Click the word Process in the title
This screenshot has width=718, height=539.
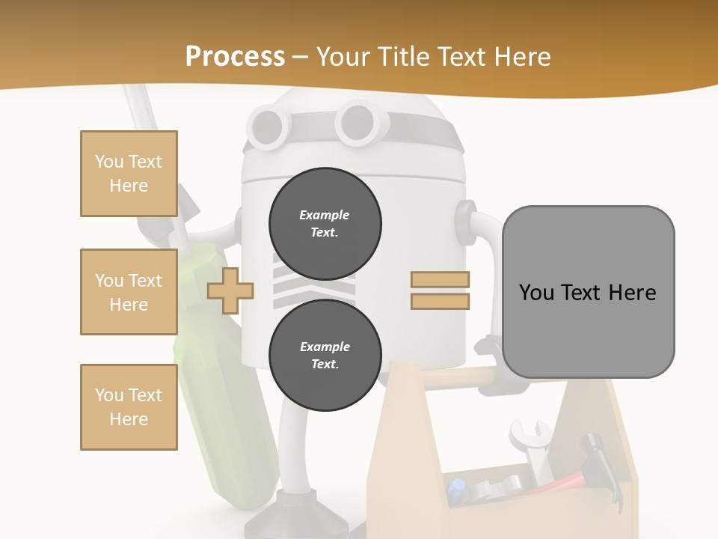point(235,57)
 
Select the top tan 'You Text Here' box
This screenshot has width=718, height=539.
point(129,174)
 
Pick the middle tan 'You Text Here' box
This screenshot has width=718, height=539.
point(129,292)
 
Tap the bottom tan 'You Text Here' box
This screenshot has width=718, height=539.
point(129,407)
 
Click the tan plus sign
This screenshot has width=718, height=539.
point(230,290)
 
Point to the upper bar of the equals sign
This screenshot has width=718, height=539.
point(440,280)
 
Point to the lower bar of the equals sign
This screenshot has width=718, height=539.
point(440,301)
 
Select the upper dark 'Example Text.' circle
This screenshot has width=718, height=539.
point(325,224)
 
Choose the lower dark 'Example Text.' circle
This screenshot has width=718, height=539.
point(325,356)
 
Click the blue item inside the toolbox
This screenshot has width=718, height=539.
point(456,490)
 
